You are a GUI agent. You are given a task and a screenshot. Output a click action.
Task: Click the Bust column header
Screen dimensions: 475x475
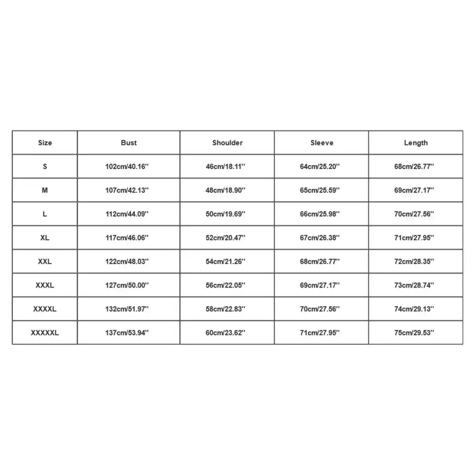(x=129, y=142)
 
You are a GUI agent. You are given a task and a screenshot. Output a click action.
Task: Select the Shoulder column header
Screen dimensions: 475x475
(x=228, y=142)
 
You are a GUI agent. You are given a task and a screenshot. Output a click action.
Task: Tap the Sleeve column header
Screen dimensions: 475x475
(x=322, y=142)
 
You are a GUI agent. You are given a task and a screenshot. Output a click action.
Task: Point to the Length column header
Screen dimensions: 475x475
(x=416, y=142)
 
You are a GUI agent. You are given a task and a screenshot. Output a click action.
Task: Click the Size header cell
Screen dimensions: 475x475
(x=45, y=142)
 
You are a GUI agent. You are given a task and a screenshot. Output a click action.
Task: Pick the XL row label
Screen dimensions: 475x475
(x=45, y=237)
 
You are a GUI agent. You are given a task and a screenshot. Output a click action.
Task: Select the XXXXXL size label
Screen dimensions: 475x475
(x=45, y=332)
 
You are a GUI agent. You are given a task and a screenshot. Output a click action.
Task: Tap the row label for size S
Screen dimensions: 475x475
(x=45, y=166)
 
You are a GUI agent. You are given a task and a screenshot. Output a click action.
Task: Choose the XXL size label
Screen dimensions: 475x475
(x=45, y=261)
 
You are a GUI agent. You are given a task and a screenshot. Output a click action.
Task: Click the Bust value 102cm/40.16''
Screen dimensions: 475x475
(x=127, y=166)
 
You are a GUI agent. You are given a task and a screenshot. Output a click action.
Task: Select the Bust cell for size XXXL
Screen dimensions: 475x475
(x=127, y=285)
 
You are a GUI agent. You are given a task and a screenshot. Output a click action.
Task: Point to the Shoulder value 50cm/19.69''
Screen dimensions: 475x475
(x=226, y=214)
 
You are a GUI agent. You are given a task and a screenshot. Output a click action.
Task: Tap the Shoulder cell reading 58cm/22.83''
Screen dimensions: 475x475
(x=226, y=309)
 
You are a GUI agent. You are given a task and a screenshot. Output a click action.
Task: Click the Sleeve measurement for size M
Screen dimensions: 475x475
(x=320, y=190)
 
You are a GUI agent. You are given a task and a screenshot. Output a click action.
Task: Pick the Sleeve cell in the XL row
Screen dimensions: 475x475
(x=320, y=237)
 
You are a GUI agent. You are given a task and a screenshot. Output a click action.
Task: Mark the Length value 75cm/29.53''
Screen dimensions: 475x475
(x=414, y=332)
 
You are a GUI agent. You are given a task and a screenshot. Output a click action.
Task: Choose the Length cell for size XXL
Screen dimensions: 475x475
(x=414, y=261)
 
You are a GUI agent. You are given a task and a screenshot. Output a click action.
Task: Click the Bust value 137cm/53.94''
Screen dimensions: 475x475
(x=127, y=332)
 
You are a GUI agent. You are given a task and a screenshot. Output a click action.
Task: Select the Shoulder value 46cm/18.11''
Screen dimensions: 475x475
(x=226, y=166)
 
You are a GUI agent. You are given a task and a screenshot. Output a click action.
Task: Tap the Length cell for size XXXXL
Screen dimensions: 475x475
(x=414, y=309)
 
